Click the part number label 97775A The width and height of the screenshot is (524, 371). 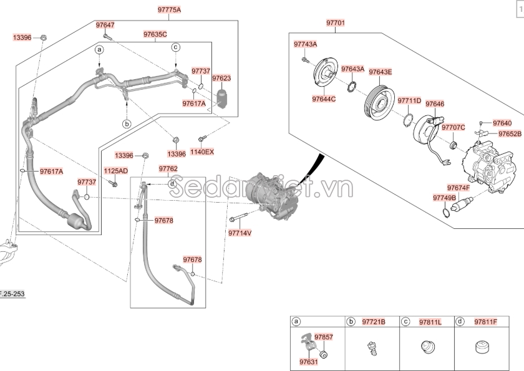click(x=170, y=10)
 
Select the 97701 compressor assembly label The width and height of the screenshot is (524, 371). click(x=335, y=23)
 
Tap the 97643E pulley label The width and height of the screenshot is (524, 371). click(x=381, y=72)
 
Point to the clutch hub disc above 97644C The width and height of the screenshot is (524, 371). click(x=326, y=74)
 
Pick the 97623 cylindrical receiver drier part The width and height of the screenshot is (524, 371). click(x=221, y=98)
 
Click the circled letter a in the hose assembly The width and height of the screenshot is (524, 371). click(x=99, y=50)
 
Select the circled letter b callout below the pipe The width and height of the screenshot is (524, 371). click(x=127, y=124)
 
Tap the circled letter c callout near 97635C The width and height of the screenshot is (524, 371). click(x=176, y=47)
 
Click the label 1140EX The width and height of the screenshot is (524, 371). click(x=202, y=152)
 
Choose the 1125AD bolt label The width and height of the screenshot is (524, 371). click(x=115, y=171)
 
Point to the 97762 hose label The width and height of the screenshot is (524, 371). click(x=168, y=169)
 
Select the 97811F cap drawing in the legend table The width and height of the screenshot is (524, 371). click(x=482, y=347)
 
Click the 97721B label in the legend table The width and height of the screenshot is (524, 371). click(x=374, y=322)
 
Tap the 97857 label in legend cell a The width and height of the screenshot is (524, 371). click(x=324, y=337)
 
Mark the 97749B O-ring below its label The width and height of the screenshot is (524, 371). click(x=446, y=212)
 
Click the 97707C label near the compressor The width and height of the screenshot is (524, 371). click(x=453, y=128)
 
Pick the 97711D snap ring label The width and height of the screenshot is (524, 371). click(x=409, y=101)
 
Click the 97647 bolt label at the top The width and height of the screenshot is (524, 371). click(x=105, y=25)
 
